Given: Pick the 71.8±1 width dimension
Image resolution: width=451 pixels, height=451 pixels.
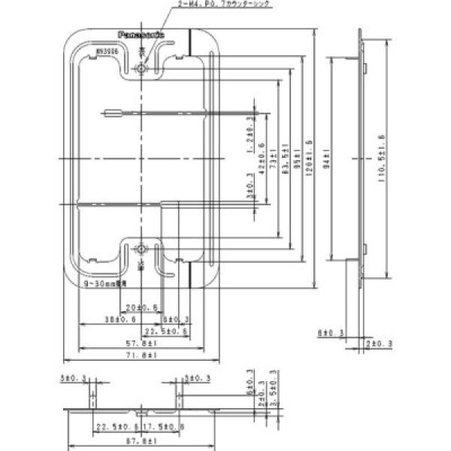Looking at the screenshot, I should [x=141, y=354].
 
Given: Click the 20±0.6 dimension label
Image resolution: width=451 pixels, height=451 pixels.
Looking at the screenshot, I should [x=141, y=307].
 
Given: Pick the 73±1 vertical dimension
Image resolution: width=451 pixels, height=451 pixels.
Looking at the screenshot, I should [x=274, y=159].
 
